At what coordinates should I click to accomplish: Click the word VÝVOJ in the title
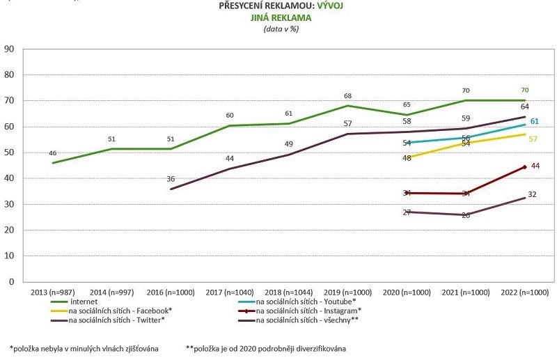point(329,6)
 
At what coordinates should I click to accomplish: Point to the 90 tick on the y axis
point(10,49)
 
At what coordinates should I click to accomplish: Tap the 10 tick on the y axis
point(10,256)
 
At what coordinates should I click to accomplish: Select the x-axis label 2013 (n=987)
point(49,292)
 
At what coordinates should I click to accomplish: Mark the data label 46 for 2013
point(52,153)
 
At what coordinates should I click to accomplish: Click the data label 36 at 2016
point(171,179)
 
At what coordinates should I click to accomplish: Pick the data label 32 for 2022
point(532,194)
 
